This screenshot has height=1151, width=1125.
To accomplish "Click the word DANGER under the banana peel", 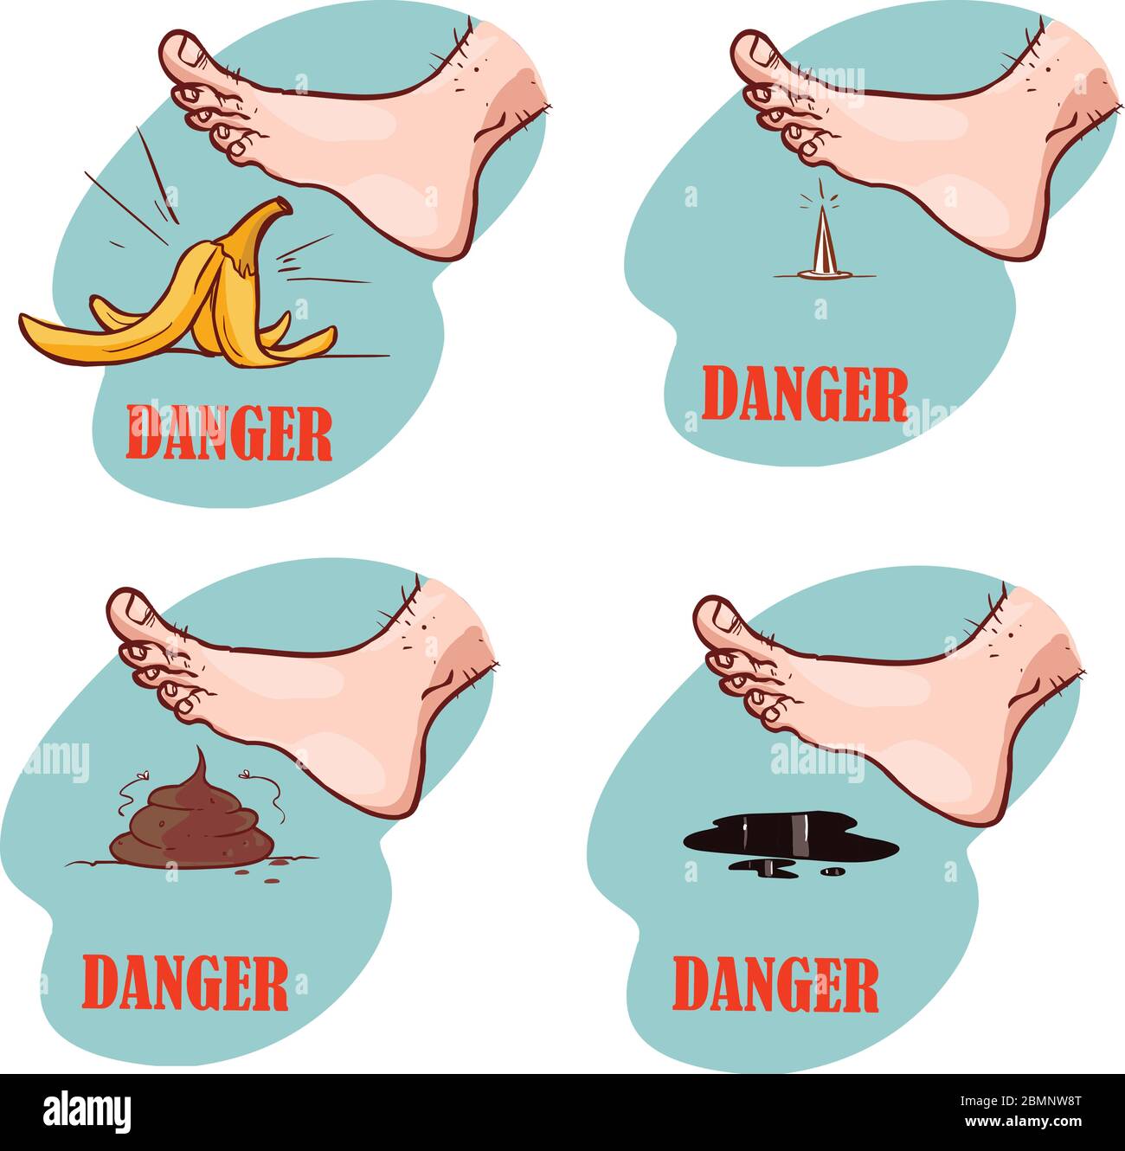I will (x=229, y=433).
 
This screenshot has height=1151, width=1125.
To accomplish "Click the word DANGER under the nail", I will (x=804, y=394).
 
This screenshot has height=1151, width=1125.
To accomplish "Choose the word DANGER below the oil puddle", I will (x=775, y=985).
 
